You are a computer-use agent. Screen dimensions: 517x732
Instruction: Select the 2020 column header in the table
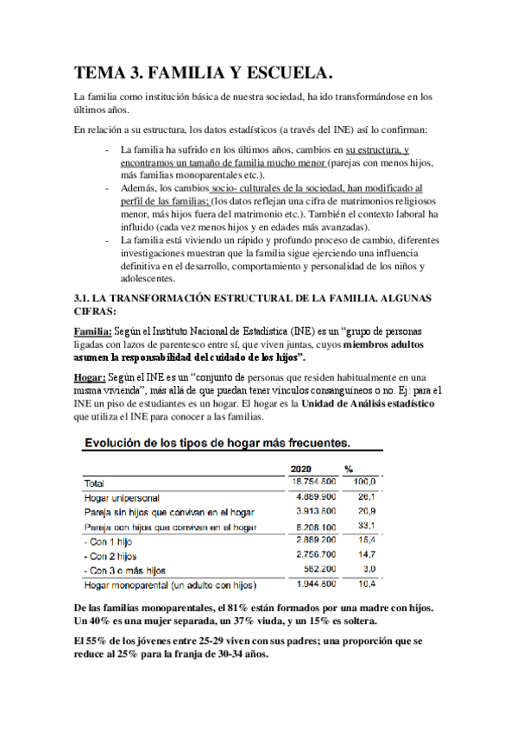(x=305, y=469)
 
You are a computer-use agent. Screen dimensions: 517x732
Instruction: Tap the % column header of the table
(x=349, y=469)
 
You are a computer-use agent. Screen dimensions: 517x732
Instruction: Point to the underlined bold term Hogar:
(x=90, y=377)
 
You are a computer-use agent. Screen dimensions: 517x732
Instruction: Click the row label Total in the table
(x=95, y=483)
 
